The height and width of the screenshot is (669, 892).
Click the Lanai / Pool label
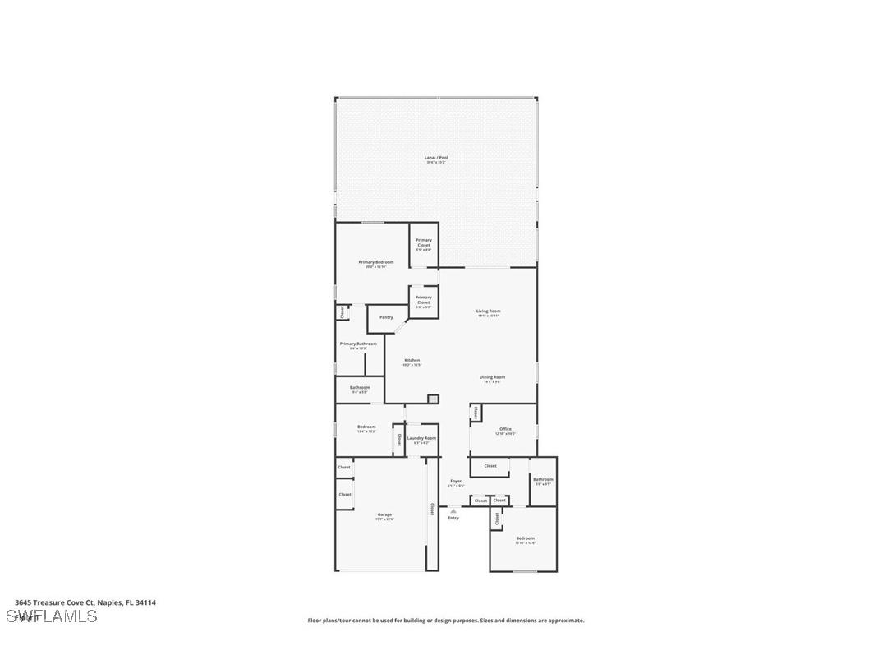coord(436,158)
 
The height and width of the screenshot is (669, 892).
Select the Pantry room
coord(386,317)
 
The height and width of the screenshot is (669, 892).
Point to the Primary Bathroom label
coord(358,344)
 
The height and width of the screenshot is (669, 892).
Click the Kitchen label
coord(412,361)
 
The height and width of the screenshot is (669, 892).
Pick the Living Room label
coord(489,311)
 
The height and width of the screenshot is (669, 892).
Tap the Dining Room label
coord(493,377)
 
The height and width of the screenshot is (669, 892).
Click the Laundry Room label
coord(421,438)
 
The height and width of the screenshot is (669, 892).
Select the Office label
coord(505,429)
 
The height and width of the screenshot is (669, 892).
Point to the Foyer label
coord(456,482)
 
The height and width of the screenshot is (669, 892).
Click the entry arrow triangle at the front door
coord(453,510)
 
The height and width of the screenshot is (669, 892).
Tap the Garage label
coord(384,515)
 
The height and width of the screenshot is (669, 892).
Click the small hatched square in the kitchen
coord(433,399)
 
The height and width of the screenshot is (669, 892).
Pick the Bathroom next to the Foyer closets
coord(543,480)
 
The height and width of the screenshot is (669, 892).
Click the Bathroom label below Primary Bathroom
coord(360,388)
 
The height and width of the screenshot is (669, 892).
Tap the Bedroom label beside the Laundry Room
coord(366,427)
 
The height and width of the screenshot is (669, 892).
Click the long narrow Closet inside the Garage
coord(431,510)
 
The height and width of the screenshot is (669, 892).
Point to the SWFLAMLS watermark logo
coord(52,616)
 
